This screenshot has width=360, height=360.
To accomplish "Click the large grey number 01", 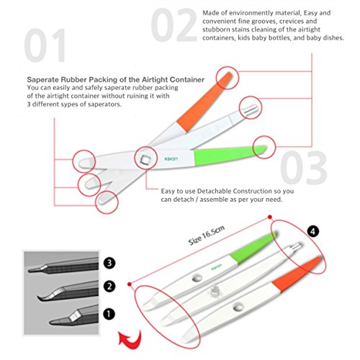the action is pos(45,45).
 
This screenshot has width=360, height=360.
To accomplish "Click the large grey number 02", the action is pos(174,24).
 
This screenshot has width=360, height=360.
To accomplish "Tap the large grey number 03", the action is pos(303,167).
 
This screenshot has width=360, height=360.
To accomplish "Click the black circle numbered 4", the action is pos(312,231).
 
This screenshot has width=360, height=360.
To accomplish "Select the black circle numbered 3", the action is pos(109,263).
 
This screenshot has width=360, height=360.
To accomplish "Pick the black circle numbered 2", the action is pos(109,286).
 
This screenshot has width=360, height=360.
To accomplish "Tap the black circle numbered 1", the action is pos(109,314).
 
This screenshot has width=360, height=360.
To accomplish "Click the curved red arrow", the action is pos(130,338).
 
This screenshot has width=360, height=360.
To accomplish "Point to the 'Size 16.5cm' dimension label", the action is pos(207,235).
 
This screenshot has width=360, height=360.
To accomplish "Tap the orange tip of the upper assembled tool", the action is pos(204,102).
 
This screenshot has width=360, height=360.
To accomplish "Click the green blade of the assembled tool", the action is pos(230,156).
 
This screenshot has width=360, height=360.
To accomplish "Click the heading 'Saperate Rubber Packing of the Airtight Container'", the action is pos(116,79).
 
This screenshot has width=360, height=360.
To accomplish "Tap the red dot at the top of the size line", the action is pos(270,217).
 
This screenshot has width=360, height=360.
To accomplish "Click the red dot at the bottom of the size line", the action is pos(130,284).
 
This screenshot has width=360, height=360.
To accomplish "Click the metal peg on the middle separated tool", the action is pos(214,291).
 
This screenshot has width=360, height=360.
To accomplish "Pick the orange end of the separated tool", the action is pos(297,274).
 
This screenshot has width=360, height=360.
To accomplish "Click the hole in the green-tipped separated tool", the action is pos(197,279).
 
